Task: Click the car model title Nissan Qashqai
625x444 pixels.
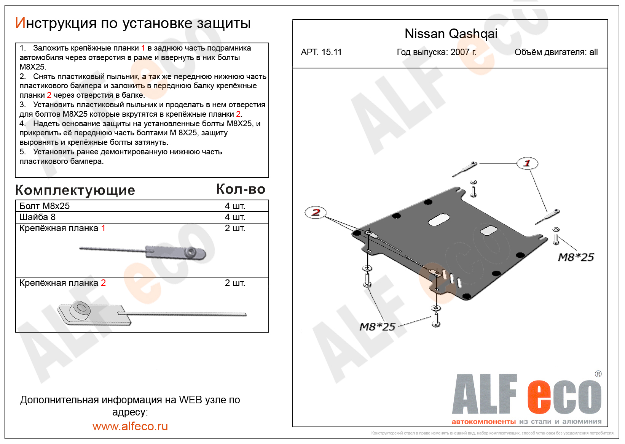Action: [451, 34]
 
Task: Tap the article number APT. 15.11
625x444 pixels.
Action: [321, 52]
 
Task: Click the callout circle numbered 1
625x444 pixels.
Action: [527, 163]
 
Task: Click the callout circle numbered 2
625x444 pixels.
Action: [315, 212]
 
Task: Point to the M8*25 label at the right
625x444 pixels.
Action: [576, 257]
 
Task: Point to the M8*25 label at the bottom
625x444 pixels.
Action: [377, 327]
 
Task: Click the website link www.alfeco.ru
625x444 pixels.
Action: [130, 426]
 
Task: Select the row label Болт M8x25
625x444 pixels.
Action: [45, 206]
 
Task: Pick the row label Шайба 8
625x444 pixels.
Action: [37, 217]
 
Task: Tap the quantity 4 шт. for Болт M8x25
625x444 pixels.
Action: [235, 206]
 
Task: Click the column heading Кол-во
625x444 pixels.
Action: [241, 189]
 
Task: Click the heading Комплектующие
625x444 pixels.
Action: [75, 190]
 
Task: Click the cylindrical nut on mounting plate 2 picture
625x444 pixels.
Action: [80, 309]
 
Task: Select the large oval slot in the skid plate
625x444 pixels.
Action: [438, 220]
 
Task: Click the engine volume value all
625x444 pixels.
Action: [593, 52]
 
